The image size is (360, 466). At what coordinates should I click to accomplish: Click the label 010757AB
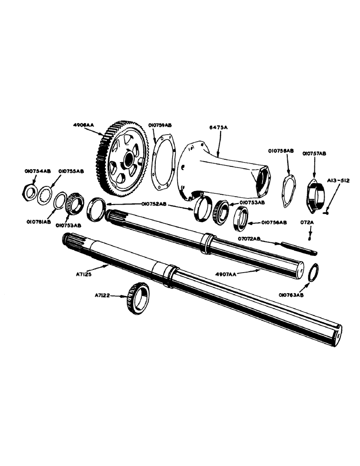click(x=314, y=152)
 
